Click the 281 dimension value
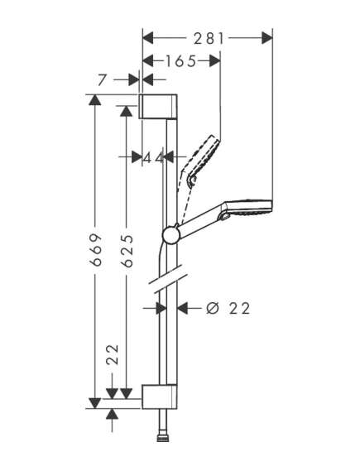[x=209, y=39]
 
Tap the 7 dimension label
[x=103, y=80]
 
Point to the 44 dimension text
[x=153, y=157]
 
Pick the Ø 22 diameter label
[x=228, y=308]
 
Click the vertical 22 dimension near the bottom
[x=113, y=355]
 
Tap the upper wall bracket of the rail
[x=158, y=107]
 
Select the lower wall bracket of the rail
[x=159, y=397]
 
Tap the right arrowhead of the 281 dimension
[x=267, y=38]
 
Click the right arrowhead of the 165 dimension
[x=215, y=61]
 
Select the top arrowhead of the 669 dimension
[x=95, y=100]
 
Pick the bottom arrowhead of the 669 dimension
[x=95, y=403]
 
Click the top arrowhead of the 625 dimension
[x=126, y=111]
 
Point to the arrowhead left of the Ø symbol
[x=183, y=308]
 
